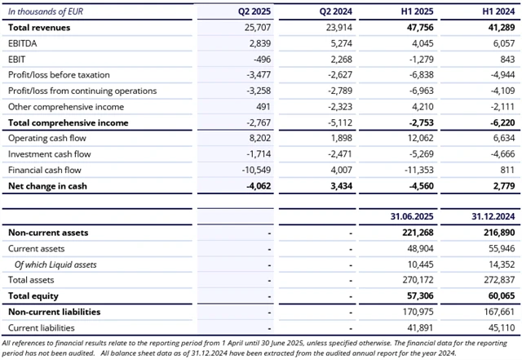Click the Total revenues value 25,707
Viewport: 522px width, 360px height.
(258, 27)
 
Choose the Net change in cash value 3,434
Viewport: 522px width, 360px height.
(338, 186)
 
